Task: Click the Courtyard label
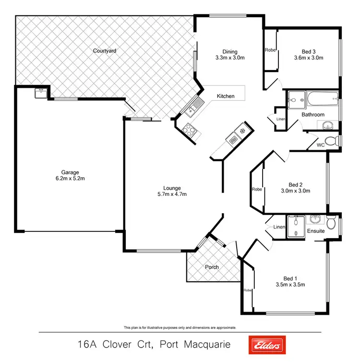point(105,50)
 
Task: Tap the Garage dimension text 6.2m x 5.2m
point(70,179)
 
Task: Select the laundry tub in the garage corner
point(40,93)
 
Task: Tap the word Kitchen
point(226,96)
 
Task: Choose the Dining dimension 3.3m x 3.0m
point(229,58)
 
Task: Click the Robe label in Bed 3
point(270,49)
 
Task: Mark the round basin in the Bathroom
point(328,126)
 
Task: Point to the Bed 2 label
point(295,184)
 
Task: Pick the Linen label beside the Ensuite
point(279,227)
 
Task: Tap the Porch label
point(212,267)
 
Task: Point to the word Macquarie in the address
point(205,345)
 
